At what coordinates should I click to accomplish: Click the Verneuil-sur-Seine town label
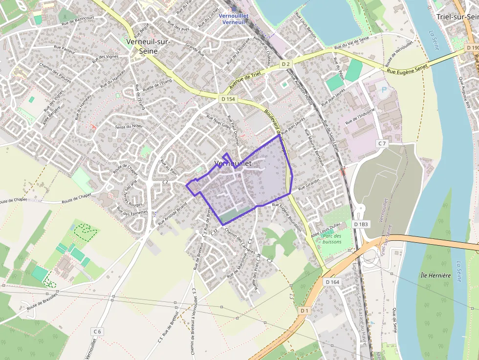click(x=148, y=46)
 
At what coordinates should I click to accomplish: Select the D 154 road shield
click(x=228, y=99)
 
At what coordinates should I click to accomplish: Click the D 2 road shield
click(x=286, y=64)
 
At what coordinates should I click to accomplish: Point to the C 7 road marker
click(x=382, y=144)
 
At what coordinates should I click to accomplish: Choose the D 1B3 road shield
click(x=360, y=224)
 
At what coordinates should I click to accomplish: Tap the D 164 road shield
click(x=332, y=282)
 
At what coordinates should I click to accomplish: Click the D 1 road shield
click(x=305, y=310)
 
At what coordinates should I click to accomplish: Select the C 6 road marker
click(x=97, y=331)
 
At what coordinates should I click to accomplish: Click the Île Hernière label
click(x=435, y=275)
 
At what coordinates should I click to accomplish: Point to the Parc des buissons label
click(x=332, y=238)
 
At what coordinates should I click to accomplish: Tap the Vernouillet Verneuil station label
click(x=234, y=19)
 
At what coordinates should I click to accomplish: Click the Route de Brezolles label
click(x=42, y=301)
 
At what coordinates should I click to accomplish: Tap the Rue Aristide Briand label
click(x=172, y=213)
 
